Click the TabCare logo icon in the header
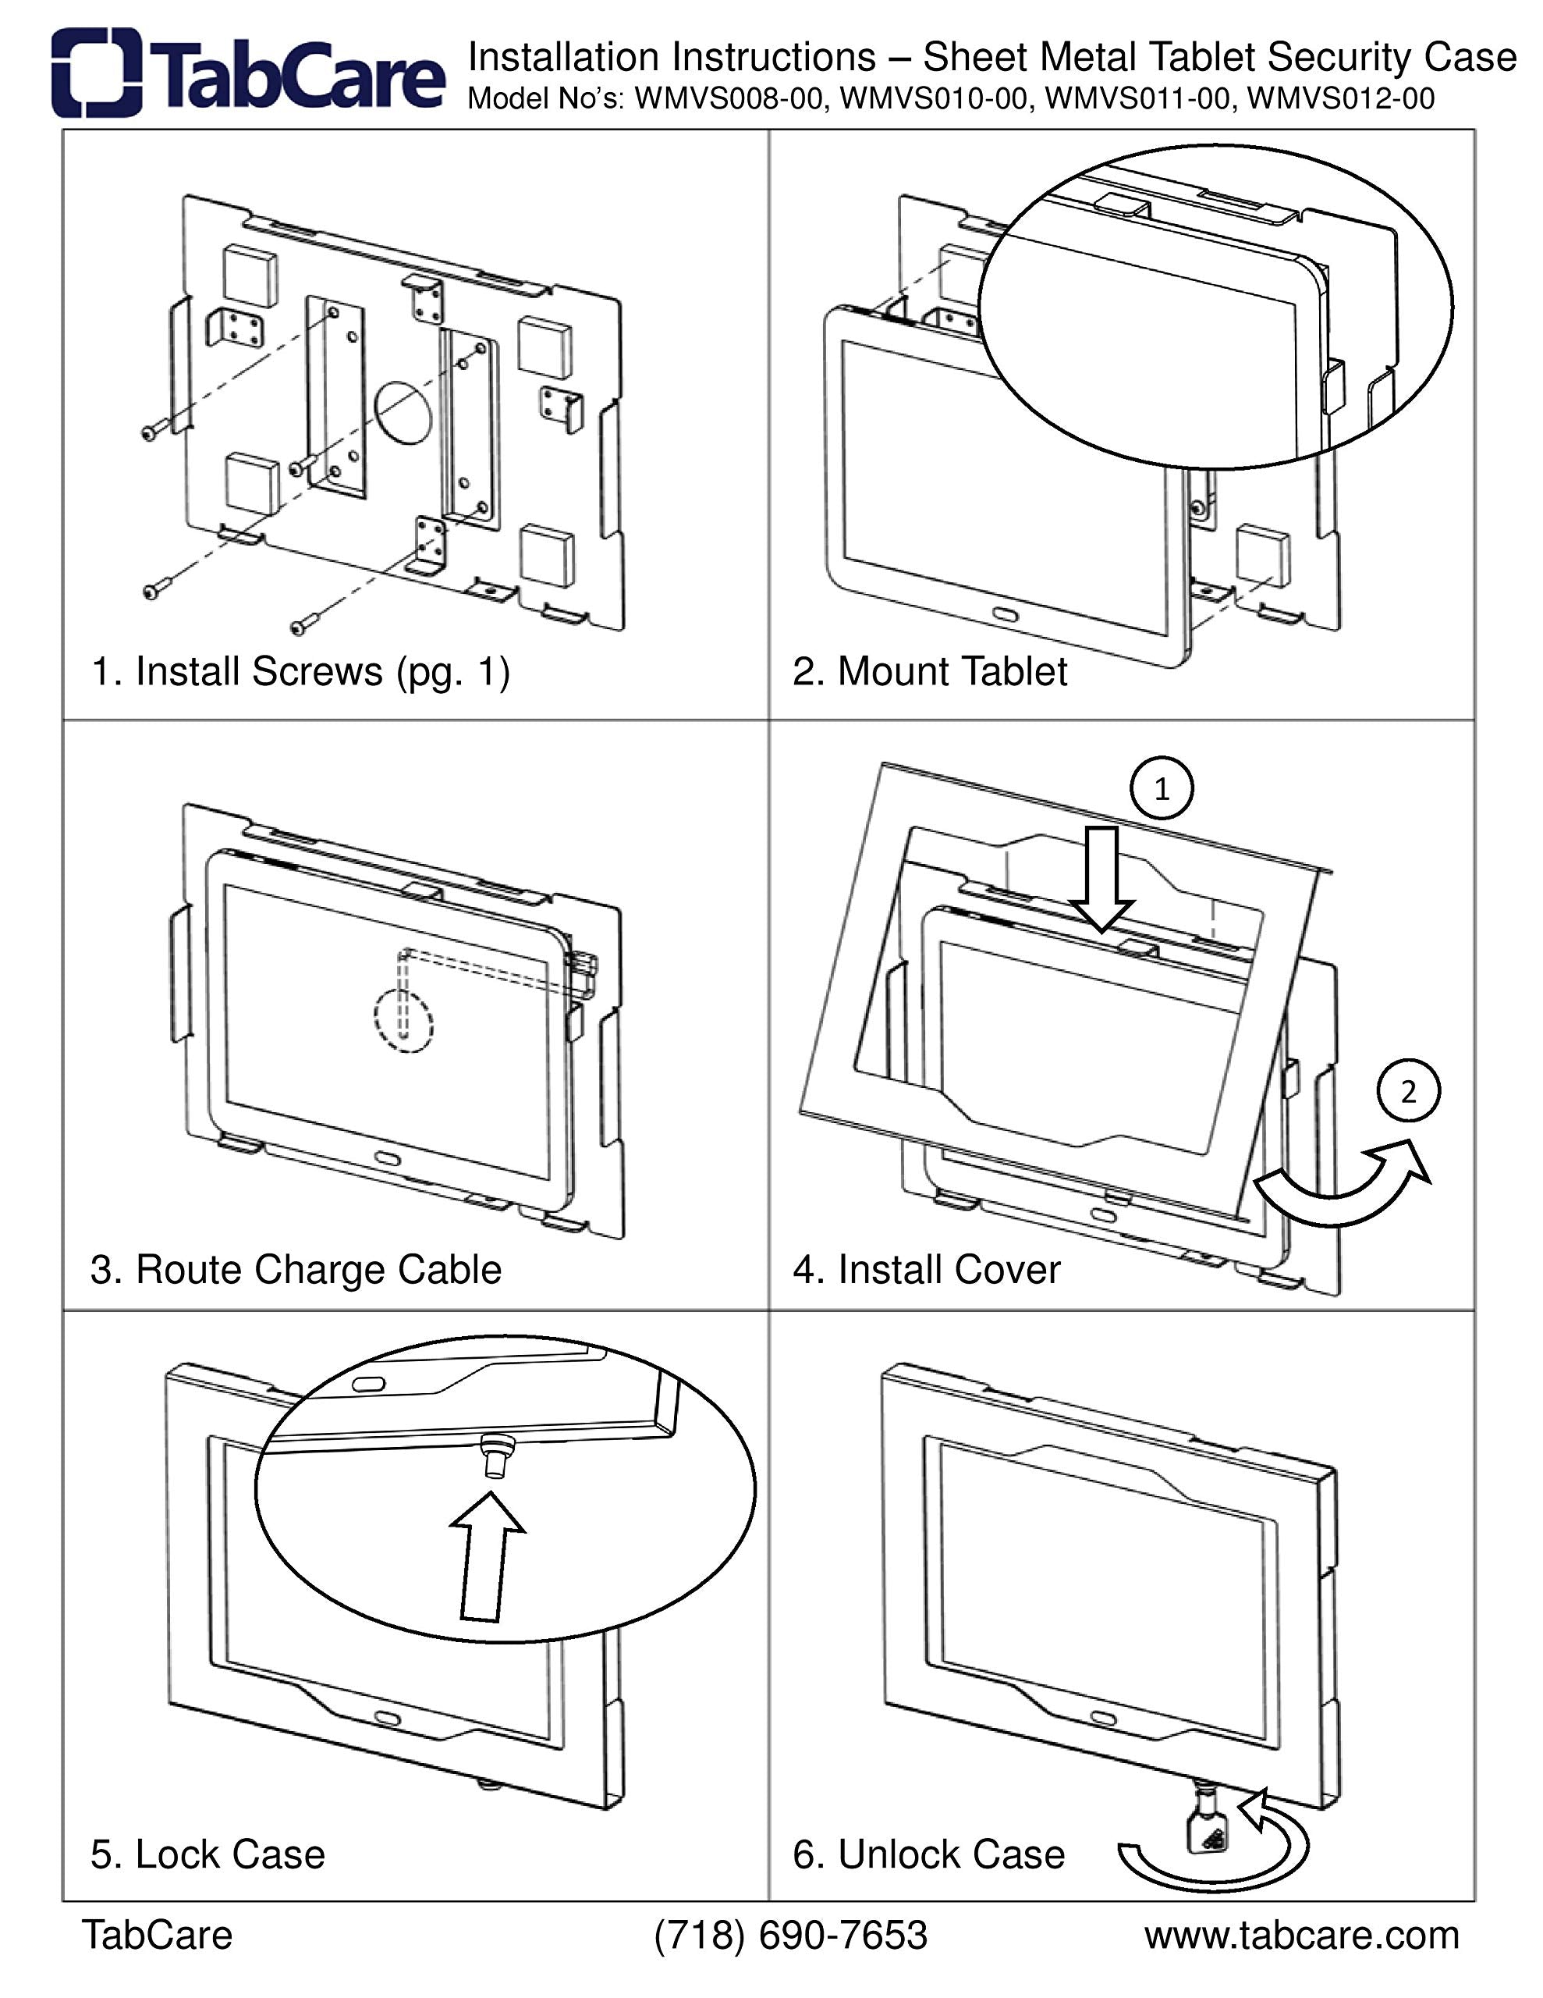[97, 73]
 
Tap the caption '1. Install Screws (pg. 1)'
[300, 671]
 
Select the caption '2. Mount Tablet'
[929, 671]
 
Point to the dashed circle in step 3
[403, 1021]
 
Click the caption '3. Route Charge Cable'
[296, 1270]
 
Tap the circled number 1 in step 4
[1162, 788]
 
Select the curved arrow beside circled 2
[1345, 1187]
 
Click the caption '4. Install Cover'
[926, 1270]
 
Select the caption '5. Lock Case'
[208, 1854]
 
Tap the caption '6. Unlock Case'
[928, 1854]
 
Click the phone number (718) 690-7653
[790, 1935]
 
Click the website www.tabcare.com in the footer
[1300, 1935]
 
